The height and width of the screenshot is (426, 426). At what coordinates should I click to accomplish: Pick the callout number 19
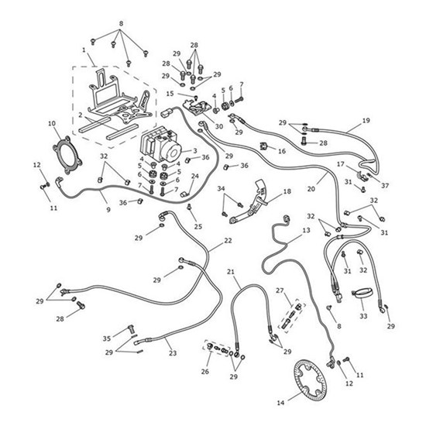(x=366, y=121)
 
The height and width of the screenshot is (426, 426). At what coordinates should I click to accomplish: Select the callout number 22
(x=228, y=241)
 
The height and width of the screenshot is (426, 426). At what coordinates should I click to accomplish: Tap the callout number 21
(x=232, y=271)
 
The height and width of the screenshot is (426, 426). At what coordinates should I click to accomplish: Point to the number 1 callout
(x=83, y=50)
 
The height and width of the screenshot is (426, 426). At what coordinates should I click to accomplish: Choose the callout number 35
(x=107, y=338)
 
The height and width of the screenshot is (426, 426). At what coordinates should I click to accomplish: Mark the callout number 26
(x=204, y=373)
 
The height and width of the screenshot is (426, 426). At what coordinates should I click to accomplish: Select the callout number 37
(x=386, y=185)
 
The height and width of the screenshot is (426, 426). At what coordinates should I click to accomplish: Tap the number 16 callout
(x=282, y=151)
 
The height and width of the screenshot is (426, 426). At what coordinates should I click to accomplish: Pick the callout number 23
(x=172, y=354)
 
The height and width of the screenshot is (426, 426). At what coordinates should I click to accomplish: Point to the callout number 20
(x=311, y=187)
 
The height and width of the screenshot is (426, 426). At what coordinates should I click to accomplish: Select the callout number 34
(x=221, y=188)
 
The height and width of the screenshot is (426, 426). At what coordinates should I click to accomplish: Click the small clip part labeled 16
(x=263, y=145)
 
